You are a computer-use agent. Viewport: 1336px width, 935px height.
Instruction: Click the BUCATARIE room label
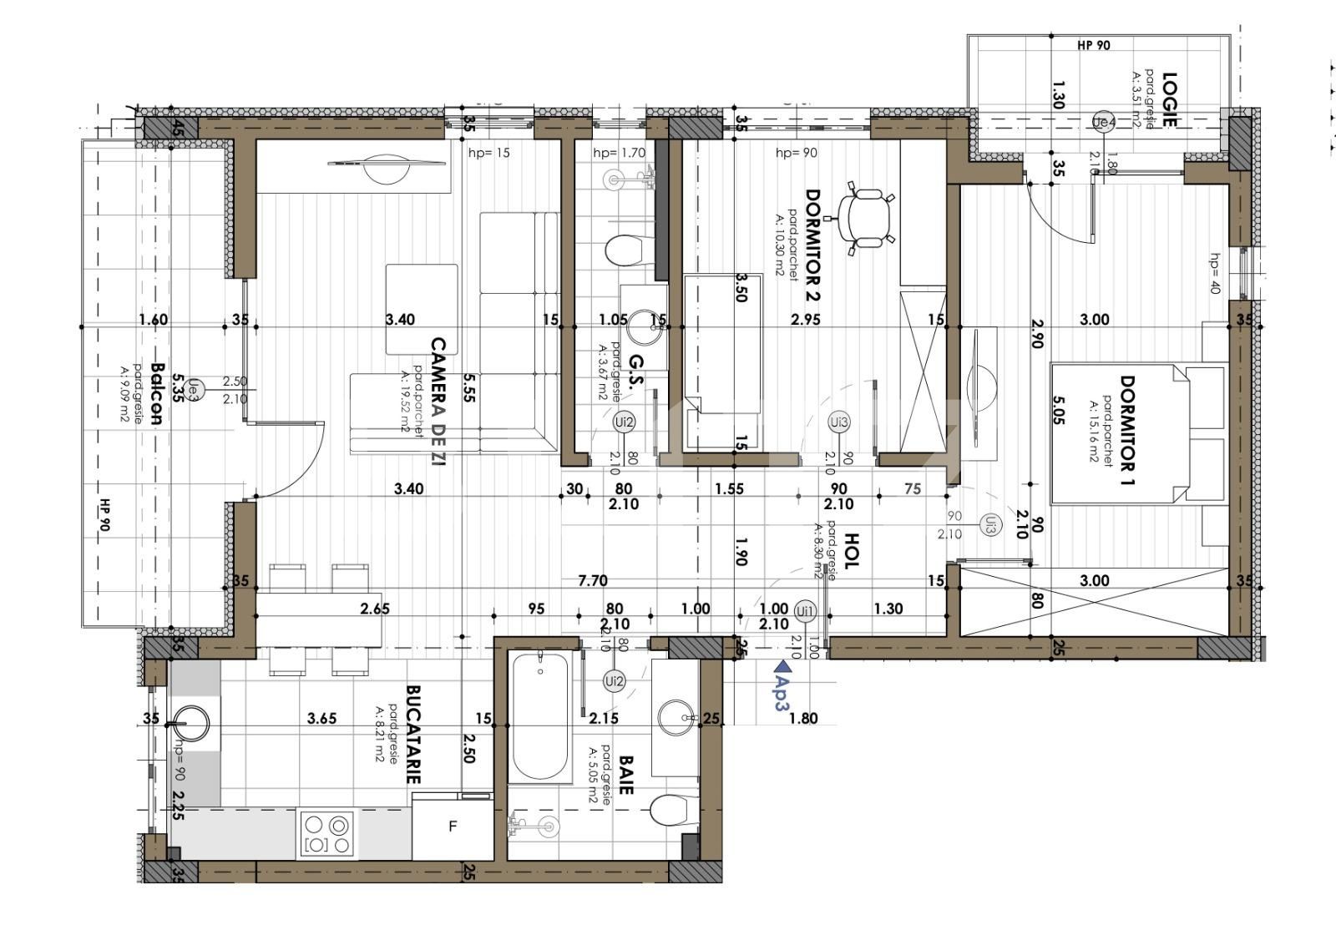412,735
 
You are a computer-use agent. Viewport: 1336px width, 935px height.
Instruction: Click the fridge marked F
453,827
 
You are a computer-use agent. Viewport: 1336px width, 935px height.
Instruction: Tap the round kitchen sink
191,723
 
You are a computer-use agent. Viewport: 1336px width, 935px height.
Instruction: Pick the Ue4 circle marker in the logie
1103,123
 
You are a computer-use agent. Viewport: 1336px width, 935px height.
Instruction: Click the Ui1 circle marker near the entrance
805,612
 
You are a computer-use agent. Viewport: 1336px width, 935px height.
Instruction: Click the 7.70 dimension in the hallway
593,581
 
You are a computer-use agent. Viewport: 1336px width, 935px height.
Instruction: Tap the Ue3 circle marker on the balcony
193,387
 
